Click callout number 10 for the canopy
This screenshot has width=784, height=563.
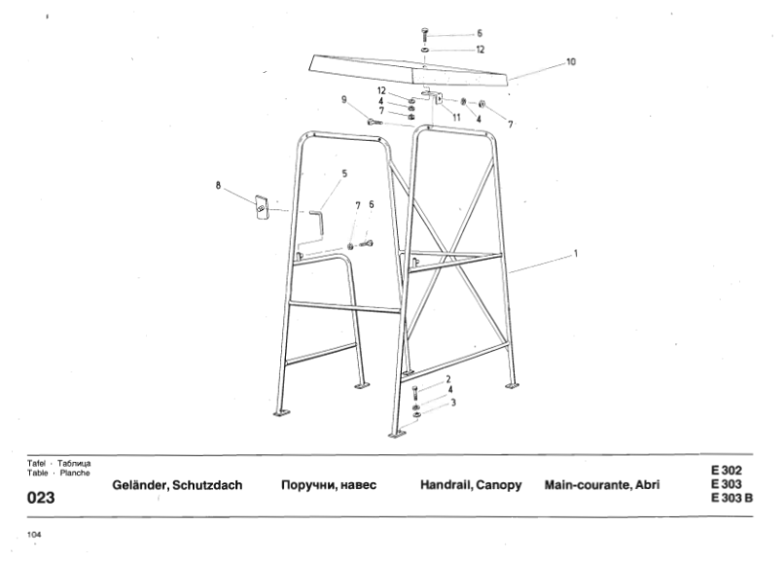click(x=570, y=61)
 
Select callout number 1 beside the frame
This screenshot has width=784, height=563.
click(x=576, y=254)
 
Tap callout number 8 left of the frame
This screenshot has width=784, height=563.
click(x=219, y=182)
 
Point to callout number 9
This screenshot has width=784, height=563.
click(x=344, y=99)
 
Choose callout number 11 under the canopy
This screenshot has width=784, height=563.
click(x=456, y=117)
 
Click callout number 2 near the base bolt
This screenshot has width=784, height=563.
click(x=447, y=378)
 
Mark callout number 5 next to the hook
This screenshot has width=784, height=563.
click(x=343, y=174)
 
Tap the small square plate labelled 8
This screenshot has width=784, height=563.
click(x=262, y=207)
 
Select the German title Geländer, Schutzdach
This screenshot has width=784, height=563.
click(x=178, y=484)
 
